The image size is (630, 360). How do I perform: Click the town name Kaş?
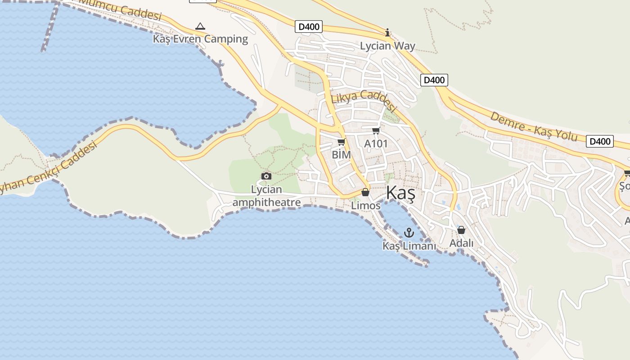(x=400, y=193)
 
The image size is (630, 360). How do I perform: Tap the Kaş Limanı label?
(x=409, y=246)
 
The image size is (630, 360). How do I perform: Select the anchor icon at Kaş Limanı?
(x=409, y=233)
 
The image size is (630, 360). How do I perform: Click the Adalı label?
(x=461, y=243)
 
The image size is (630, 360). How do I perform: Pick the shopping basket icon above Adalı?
(x=461, y=230)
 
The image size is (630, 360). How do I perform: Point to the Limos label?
(x=365, y=206)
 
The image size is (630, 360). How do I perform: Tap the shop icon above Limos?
(x=365, y=193)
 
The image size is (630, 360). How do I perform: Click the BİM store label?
(x=341, y=155)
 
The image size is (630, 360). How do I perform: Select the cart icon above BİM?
(x=342, y=143)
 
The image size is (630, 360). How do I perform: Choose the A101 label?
(x=376, y=144)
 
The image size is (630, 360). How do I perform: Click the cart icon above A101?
(x=376, y=131)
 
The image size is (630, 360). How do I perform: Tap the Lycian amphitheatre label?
(x=266, y=196)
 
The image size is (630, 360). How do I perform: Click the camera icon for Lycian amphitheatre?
(x=266, y=176)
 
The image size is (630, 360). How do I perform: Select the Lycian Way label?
(x=387, y=46)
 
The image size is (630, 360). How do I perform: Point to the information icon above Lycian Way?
(x=387, y=33)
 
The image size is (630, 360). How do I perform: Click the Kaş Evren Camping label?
(x=200, y=39)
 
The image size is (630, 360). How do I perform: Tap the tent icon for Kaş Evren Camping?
(x=200, y=27)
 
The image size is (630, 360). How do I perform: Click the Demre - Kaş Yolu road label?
(x=533, y=126)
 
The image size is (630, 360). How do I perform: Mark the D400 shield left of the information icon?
(x=309, y=27)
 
